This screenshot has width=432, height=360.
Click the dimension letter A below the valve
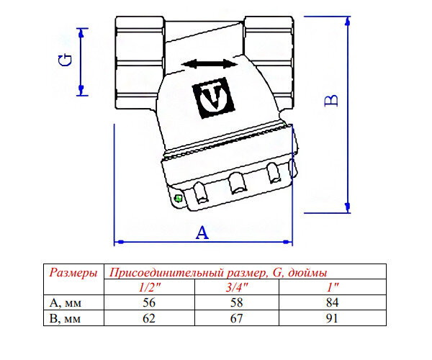point(202,233)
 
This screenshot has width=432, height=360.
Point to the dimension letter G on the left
point(64,59)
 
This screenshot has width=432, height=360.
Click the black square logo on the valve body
point(210,98)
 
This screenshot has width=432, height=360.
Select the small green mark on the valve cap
point(177,199)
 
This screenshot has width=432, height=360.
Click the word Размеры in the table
point(72,273)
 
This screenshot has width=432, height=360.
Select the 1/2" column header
point(150,287)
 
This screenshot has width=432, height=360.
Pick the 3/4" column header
point(240,287)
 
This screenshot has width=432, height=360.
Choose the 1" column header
point(332,287)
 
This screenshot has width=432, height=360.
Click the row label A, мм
point(63,302)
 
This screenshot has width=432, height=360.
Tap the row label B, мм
point(63,317)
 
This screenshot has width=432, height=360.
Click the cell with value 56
point(150,302)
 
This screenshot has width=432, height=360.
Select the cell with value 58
point(240,302)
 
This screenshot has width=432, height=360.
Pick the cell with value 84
point(332,302)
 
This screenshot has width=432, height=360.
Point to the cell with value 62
point(150,317)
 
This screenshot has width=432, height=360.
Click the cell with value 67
point(240,317)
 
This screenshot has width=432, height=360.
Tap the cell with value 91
point(332,317)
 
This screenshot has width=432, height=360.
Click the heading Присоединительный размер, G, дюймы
point(217,273)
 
